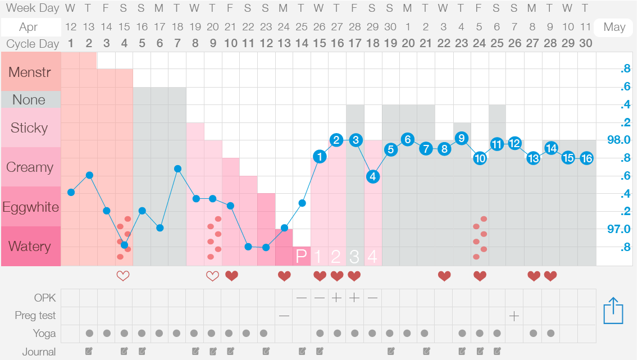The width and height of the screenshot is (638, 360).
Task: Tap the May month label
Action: coord(614,27)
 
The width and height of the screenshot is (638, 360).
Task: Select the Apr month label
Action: coord(28,27)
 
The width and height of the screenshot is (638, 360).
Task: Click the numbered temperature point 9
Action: coord(462,138)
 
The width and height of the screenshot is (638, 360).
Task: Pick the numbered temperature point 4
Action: coord(373,176)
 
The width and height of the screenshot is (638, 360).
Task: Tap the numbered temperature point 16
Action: coord(586,158)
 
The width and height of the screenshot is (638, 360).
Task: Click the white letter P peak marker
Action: coord(302,257)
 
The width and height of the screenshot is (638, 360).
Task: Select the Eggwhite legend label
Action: coord(30,207)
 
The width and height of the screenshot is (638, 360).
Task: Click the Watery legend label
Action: coord(30,246)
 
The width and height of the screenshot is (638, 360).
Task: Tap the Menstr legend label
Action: coord(30,71)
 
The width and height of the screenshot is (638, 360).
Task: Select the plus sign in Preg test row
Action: coord(514,316)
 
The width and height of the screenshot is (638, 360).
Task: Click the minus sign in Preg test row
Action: coord(284,316)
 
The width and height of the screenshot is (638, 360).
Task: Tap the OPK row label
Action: coord(45,298)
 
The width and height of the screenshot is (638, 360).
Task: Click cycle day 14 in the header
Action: coord(302,44)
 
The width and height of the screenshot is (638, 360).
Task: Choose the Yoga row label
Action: coord(44,334)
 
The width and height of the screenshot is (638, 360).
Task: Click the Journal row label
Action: coord(39,352)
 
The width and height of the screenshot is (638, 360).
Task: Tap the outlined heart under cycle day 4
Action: coord(123,276)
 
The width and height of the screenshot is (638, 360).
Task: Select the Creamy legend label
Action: coord(30,167)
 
